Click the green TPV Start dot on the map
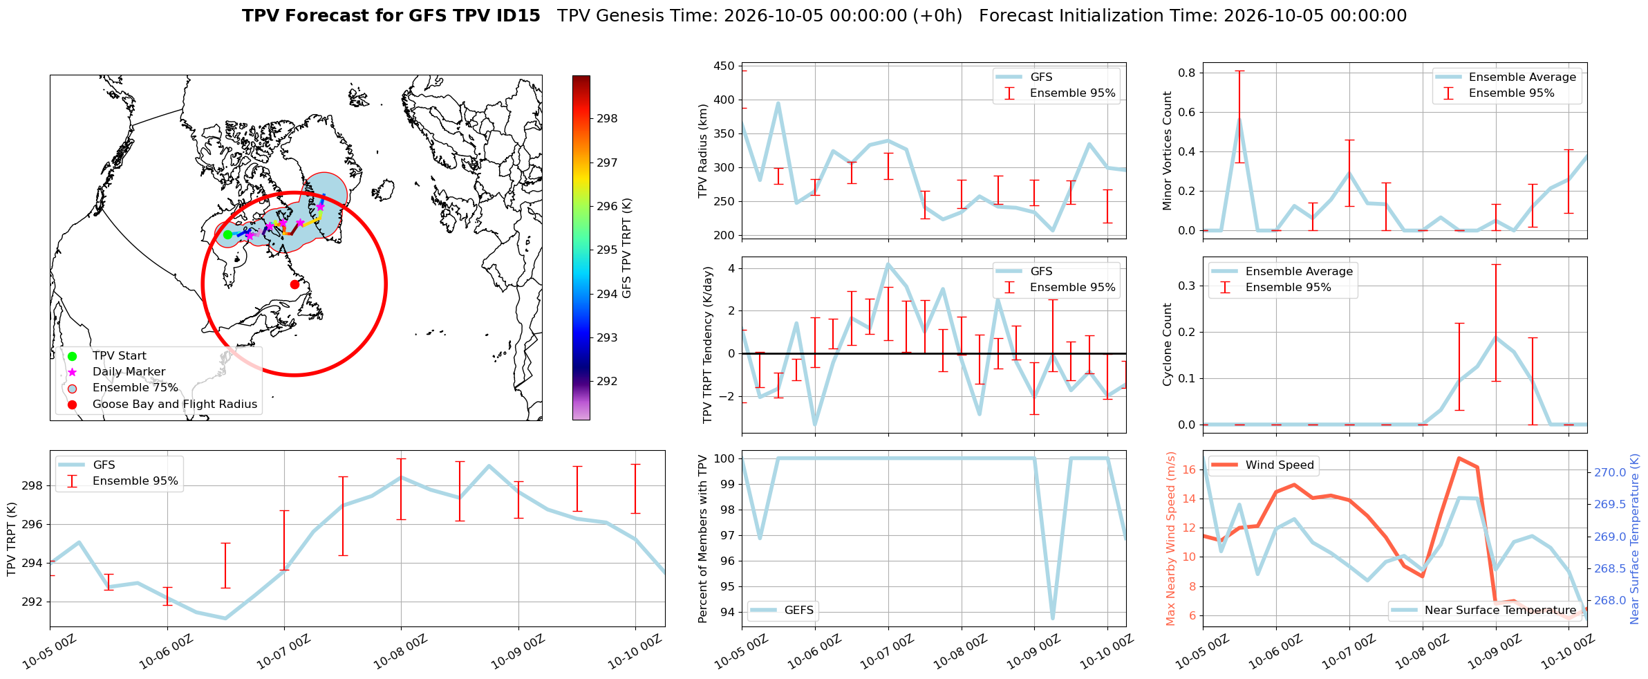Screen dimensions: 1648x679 coord(227,234)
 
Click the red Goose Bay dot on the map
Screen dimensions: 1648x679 coord(294,284)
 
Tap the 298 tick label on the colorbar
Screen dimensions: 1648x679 coord(607,119)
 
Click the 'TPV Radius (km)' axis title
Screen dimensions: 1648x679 coord(704,151)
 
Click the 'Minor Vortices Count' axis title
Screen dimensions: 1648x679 coord(1168,151)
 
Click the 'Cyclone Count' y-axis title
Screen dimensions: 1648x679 coord(1168,344)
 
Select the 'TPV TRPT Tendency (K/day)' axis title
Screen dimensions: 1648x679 coord(707,345)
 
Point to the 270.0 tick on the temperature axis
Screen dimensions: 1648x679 coord(1610,473)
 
